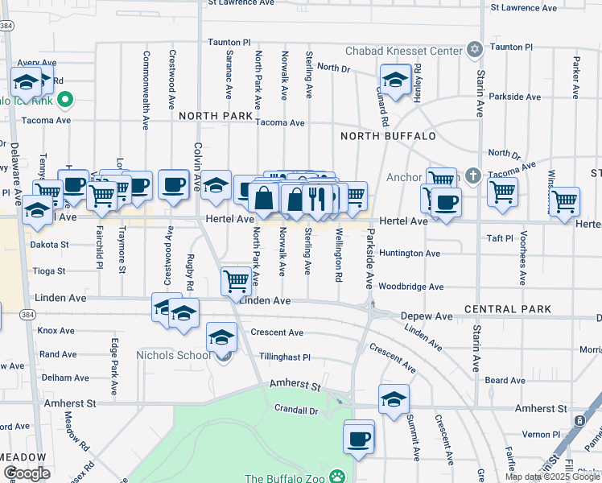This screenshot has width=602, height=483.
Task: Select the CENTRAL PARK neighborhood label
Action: point(508,309)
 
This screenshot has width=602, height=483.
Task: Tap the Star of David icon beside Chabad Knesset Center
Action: point(475,50)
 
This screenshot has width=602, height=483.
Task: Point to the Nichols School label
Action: point(171,355)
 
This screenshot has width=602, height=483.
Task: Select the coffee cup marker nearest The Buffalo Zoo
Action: point(359,439)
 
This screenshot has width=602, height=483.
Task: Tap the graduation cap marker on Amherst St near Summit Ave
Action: point(394,399)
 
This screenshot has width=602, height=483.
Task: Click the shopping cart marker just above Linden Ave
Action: point(235,282)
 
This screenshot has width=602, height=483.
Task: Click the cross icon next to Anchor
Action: point(474,175)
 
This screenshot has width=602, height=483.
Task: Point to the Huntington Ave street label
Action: point(410,254)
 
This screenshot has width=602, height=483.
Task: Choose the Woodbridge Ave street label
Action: point(410,287)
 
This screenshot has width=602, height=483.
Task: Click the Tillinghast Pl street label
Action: point(284,357)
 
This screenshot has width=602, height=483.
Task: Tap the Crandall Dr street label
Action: point(296,410)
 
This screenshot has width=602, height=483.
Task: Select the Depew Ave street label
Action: point(427,316)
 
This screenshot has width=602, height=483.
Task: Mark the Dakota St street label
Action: point(50,244)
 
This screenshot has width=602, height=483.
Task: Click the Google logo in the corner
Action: point(26,473)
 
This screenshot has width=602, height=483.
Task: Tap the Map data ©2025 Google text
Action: point(551,477)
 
